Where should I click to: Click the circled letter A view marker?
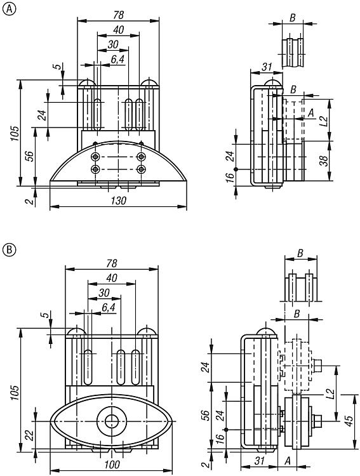click(x=9, y=9)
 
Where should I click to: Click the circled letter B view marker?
click(x=9, y=249)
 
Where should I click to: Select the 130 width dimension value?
click(x=118, y=201)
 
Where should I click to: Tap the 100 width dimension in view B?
click(x=112, y=465)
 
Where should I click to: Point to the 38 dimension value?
click(x=324, y=161)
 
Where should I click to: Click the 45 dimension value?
click(x=349, y=420)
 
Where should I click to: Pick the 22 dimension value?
click(x=30, y=435)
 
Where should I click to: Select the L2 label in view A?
click(x=324, y=121)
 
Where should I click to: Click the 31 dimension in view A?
click(x=267, y=67)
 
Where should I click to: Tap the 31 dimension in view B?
click(x=259, y=461)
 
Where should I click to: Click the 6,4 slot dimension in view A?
click(x=117, y=60)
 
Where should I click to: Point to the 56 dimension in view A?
click(x=29, y=155)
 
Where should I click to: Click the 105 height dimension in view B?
click(x=15, y=392)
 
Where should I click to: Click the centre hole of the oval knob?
click(x=112, y=421)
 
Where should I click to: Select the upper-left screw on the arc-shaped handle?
click(x=96, y=157)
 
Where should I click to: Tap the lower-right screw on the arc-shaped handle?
click(x=141, y=169)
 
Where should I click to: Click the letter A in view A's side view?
click(x=310, y=113)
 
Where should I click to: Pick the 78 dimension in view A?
click(x=118, y=15)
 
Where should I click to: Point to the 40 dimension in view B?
click(x=112, y=278)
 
